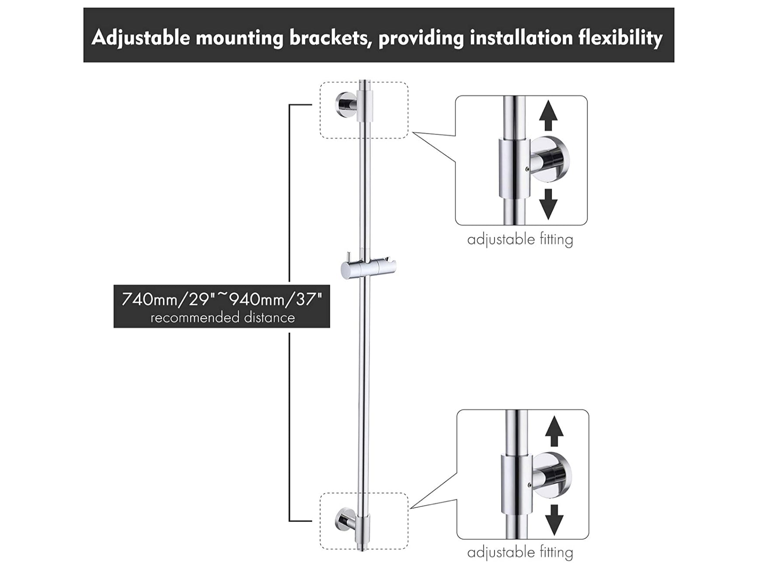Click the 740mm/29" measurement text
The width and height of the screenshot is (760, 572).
click(168, 300)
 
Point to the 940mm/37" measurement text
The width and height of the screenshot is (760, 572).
click(275, 300)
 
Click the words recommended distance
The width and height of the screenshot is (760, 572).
click(222, 318)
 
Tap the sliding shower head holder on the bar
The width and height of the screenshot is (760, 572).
click(368, 268)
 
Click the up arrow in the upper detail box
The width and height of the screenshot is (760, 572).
click(548, 116)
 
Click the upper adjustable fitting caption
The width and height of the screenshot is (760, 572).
click(520, 240)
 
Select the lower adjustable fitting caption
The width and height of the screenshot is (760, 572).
click(520, 553)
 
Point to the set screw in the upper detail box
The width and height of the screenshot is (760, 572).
click(527, 170)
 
